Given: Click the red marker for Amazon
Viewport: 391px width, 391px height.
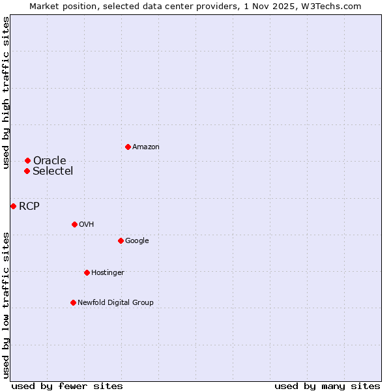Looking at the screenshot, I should [x=128, y=147].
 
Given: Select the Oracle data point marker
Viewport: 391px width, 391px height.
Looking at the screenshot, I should [x=27, y=160].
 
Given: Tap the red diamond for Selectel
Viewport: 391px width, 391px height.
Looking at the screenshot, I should [x=27, y=171].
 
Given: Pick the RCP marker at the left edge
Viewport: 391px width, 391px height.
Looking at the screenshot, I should [x=13, y=206].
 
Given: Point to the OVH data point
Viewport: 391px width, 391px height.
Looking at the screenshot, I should [x=74, y=224].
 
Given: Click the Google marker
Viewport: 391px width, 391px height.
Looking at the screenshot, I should [x=121, y=240].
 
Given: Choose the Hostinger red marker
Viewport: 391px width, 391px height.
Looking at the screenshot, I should [x=87, y=272].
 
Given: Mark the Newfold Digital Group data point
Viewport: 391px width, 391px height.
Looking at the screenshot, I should [x=73, y=302].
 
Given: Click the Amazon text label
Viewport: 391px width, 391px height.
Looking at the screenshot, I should [x=146, y=147].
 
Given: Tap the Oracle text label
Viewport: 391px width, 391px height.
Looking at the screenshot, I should [x=50, y=161].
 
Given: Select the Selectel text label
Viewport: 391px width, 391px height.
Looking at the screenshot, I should [x=53, y=171].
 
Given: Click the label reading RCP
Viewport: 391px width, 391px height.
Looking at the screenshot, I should [x=29, y=207].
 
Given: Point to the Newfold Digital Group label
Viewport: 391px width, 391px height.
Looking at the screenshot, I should [x=115, y=302].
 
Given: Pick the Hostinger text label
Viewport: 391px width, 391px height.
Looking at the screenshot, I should [x=108, y=272].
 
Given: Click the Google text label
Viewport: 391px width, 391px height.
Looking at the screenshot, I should [x=137, y=241].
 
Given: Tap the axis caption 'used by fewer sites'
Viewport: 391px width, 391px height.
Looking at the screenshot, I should [x=67, y=386].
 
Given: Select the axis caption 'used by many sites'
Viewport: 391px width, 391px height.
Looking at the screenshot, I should [x=327, y=386].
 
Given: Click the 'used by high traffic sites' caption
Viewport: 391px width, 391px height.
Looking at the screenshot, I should [x=6, y=93].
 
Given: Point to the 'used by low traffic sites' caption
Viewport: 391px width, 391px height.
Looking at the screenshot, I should [x=6, y=305].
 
